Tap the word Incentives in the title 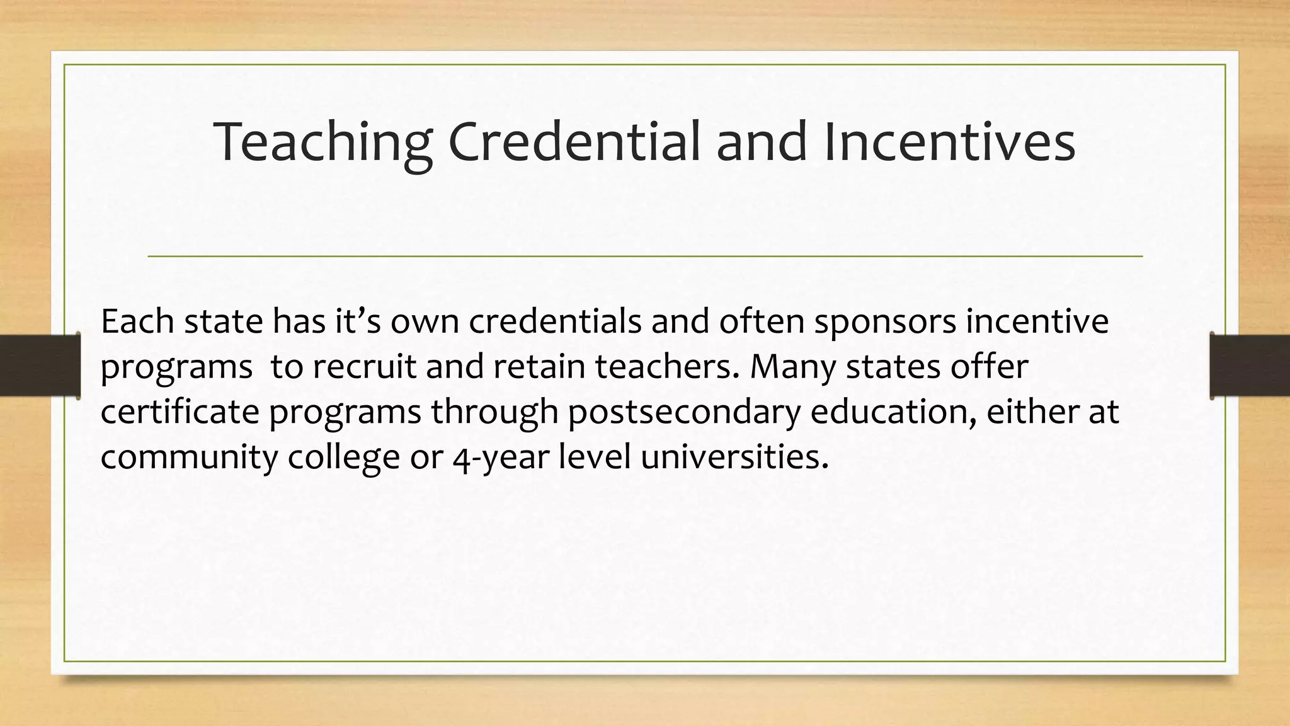tap(949, 142)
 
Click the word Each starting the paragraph tap(137, 321)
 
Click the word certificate tap(180, 412)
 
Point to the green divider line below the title tap(645, 256)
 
